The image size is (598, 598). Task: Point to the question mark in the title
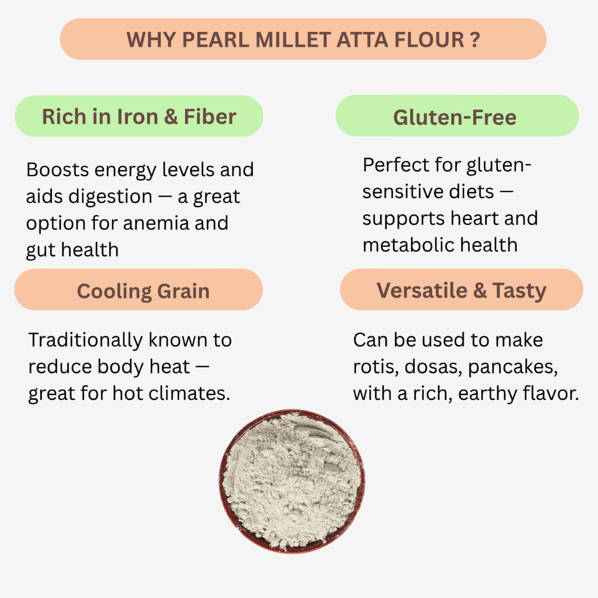click(475, 40)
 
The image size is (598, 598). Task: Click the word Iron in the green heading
click(138, 117)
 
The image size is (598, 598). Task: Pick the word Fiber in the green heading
click(210, 117)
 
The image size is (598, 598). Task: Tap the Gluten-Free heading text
click(455, 117)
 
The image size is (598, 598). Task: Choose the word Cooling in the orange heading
click(114, 292)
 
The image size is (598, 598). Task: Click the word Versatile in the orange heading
click(421, 291)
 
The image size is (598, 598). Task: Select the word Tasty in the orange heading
click(519, 291)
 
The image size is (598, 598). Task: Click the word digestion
click(110, 197)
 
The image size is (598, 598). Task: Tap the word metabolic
click(401, 245)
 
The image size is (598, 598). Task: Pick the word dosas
click(434, 367)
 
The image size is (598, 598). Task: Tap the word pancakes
click(513, 367)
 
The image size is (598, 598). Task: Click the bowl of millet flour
click(292, 481)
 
